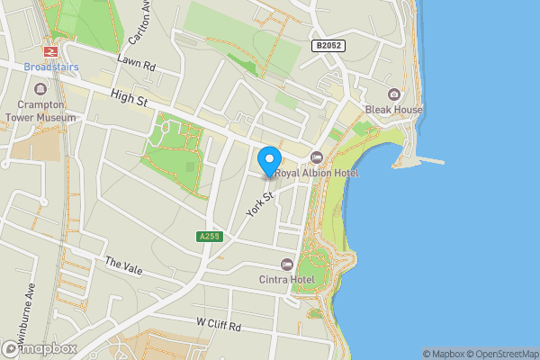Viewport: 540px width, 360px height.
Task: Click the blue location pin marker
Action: tap(268, 161)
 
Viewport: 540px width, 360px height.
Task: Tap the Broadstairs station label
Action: tap(51, 67)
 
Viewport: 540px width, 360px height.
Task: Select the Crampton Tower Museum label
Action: tap(40, 110)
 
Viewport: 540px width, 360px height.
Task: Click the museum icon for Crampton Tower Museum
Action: tap(40, 89)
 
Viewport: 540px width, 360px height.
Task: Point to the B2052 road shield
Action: tap(328, 45)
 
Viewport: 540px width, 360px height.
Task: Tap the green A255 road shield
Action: tap(208, 237)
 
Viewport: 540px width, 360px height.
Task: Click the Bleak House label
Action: tap(393, 110)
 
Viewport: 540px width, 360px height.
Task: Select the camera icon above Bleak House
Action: tap(393, 94)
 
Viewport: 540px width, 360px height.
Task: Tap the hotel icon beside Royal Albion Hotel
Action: tap(316, 157)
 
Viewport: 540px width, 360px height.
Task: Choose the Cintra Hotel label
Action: tap(287, 279)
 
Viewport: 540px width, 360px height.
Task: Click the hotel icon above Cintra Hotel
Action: tap(287, 264)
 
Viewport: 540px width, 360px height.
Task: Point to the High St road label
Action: tap(129, 99)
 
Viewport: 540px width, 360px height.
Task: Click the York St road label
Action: tap(259, 202)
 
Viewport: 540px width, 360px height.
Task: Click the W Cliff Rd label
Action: tap(219, 324)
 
